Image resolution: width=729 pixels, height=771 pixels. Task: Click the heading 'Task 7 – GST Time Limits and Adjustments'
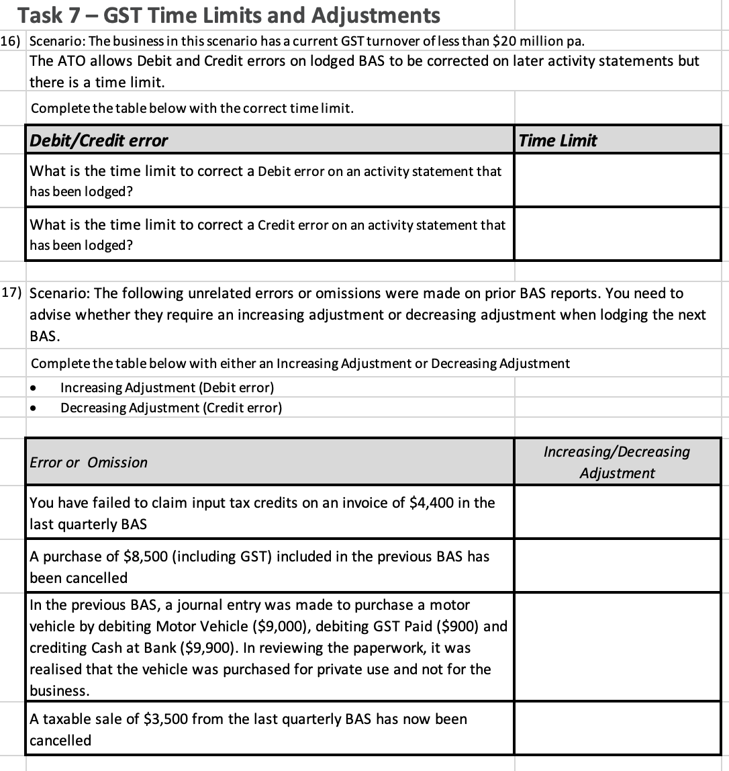click(229, 15)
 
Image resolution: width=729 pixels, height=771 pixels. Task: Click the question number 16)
click(13, 40)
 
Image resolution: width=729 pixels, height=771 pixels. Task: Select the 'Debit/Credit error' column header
click(99, 140)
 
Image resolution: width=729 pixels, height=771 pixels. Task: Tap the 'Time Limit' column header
click(558, 140)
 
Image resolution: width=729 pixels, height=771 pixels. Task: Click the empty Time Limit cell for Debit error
click(617, 181)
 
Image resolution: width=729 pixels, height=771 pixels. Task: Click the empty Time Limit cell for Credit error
click(617, 234)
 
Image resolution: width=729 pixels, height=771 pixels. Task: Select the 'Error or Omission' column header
click(89, 462)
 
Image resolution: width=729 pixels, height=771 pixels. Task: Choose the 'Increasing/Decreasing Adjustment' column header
click(616, 462)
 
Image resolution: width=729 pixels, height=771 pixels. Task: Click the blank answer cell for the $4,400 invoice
click(617, 512)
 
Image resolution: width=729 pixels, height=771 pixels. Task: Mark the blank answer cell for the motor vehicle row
click(617, 647)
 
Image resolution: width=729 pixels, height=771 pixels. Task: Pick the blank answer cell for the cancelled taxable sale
click(617, 729)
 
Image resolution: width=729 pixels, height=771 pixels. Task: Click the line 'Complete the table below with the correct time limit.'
click(192, 108)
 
